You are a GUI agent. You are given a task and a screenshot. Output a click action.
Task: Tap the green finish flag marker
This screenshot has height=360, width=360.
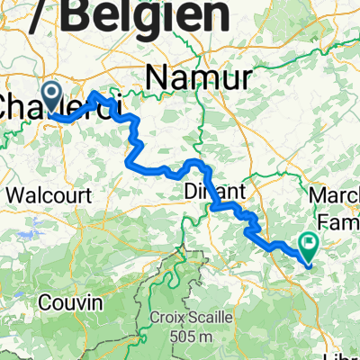(310, 242)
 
